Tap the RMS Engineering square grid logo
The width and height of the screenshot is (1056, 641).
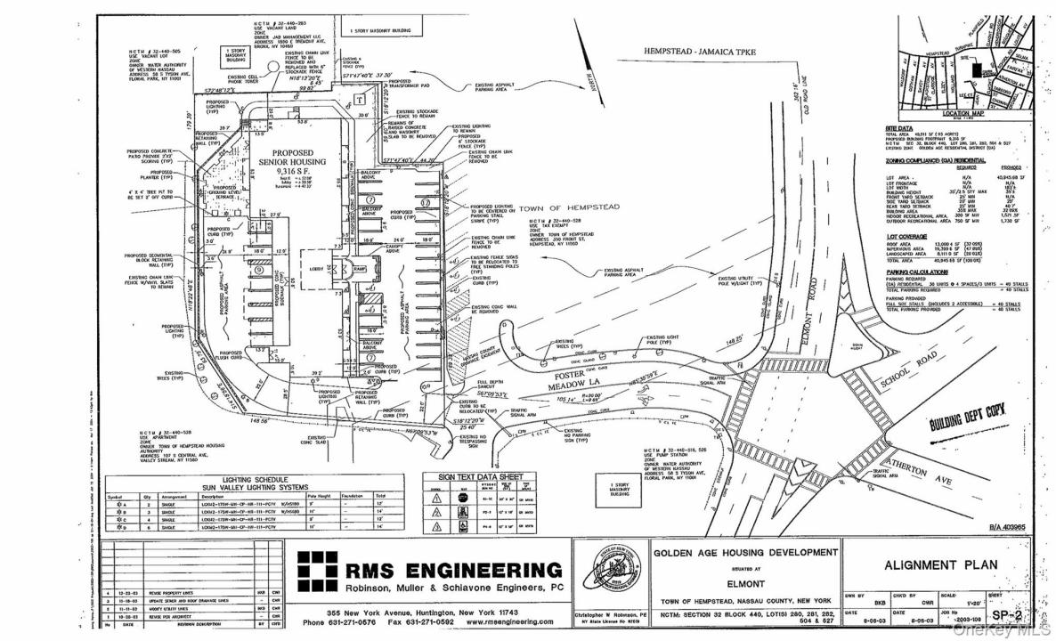(315, 571)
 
